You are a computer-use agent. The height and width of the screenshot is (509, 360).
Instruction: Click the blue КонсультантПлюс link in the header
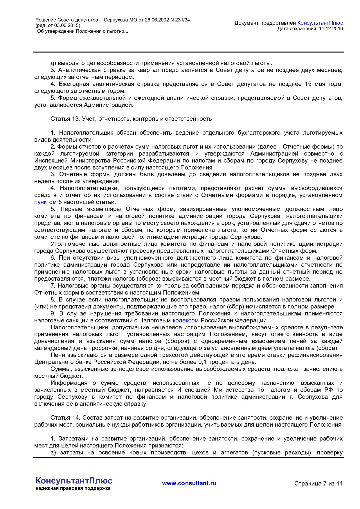click(320, 23)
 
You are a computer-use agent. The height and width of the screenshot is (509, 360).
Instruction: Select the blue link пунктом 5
click(48, 202)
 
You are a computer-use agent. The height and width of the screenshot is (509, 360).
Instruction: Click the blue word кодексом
click(186, 320)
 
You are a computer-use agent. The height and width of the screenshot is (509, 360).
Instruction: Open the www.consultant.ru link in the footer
click(189, 483)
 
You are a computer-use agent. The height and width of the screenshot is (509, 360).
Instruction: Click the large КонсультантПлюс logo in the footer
click(74, 481)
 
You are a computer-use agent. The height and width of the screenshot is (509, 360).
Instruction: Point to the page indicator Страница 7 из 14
click(318, 483)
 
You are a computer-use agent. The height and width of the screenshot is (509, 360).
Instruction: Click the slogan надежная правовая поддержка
click(73, 488)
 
